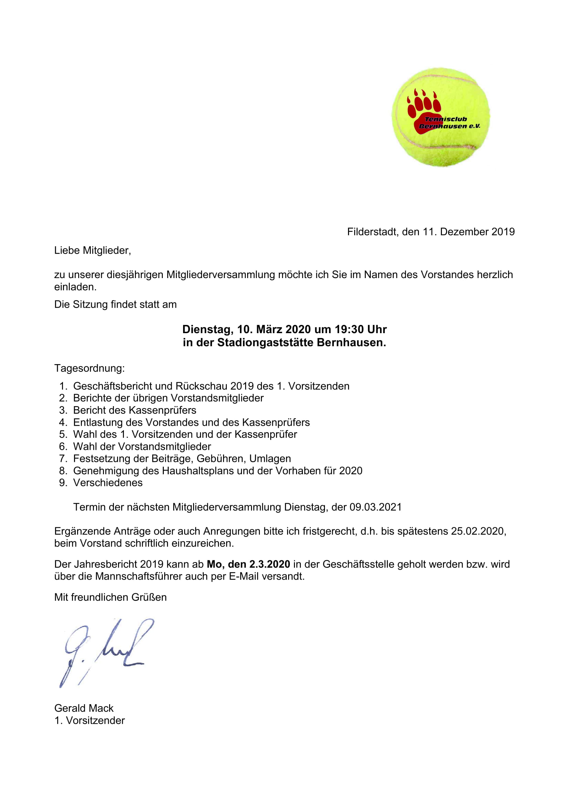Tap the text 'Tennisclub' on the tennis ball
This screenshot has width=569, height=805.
coord(446,119)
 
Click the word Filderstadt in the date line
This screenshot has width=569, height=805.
coord(373,232)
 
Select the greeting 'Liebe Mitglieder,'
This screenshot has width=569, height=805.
coord(93,250)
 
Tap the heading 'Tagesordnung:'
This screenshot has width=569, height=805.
coord(89,368)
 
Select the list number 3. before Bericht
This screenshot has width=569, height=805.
coord(63,410)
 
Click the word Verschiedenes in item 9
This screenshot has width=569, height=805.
coord(108,483)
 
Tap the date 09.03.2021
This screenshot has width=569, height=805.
coord(376,507)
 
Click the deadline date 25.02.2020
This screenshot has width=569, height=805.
coord(478,531)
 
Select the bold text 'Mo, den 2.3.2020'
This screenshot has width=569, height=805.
coord(248,564)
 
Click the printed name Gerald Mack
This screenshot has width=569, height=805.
coord(84,708)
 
